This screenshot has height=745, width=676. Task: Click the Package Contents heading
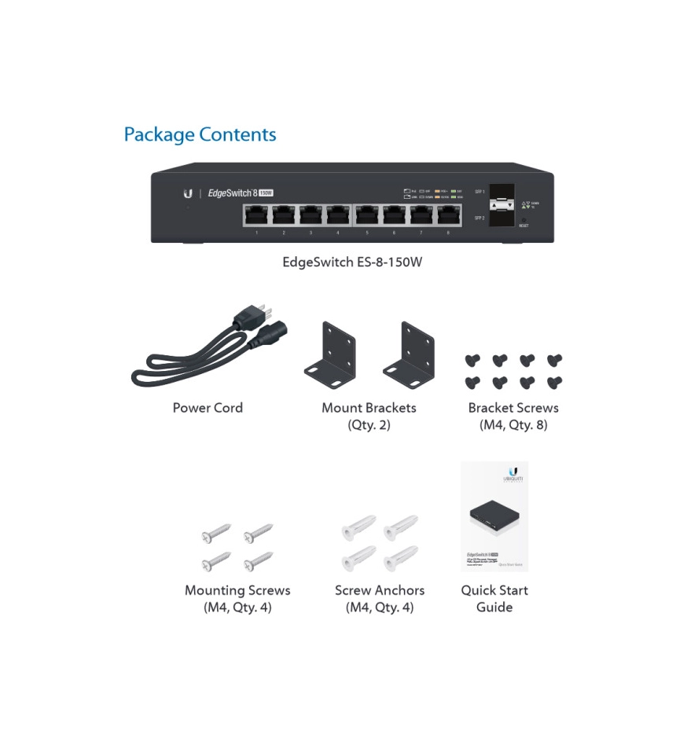click(200, 134)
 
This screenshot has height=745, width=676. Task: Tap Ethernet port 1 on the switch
click(256, 215)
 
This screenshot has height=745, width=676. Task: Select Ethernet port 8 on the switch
click(449, 215)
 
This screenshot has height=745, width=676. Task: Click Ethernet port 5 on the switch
click(367, 215)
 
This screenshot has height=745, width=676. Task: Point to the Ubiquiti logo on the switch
click(188, 193)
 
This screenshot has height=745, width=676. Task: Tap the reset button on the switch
click(524, 219)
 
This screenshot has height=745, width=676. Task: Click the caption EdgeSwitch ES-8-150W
click(352, 262)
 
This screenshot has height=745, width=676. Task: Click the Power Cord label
click(208, 408)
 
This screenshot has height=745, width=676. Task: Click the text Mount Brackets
click(369, 408)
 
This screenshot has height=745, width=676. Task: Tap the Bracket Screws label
click(513, 408)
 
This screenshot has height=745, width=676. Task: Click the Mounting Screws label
click(237, 590)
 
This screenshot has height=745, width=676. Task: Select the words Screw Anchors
click(380, 590)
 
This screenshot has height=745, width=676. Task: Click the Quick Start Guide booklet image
click(494, 516)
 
